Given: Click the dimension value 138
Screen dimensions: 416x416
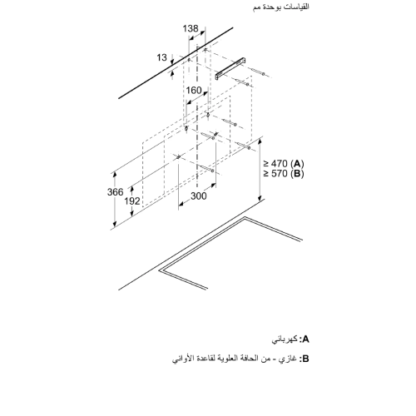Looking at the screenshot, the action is (x=192, y=28).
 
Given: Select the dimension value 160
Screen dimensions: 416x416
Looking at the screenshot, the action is (x=193, y=90).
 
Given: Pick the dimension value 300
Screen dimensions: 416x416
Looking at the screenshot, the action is (x=198, y=196).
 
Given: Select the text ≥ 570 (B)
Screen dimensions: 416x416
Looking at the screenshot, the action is (x=284, y=174).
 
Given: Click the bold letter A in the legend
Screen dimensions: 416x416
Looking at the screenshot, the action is (x=305, y=339).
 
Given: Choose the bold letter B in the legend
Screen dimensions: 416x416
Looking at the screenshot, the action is (x=305, y=360).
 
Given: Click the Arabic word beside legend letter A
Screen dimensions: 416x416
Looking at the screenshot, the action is (x=285, y=339).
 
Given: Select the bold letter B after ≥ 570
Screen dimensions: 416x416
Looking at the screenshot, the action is (x=298, y=174).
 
